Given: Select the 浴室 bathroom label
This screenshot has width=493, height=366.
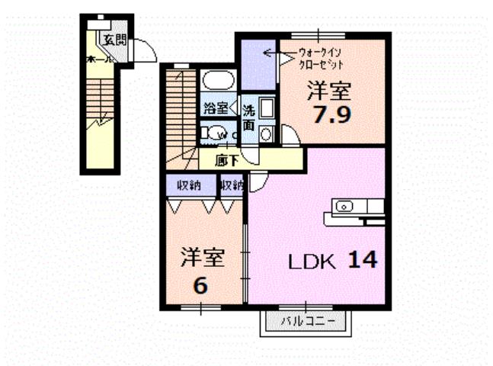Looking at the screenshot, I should [x=215, y=108].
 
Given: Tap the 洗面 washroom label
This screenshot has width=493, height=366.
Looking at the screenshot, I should [x=248, y=117].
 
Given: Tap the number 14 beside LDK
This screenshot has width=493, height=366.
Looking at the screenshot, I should [x=363, y=260].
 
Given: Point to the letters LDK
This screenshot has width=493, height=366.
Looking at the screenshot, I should [x=312, y=262].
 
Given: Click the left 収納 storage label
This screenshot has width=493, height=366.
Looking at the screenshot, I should [x=189, y=184].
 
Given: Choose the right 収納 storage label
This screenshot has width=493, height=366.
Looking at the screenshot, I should [x=232, y=184].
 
